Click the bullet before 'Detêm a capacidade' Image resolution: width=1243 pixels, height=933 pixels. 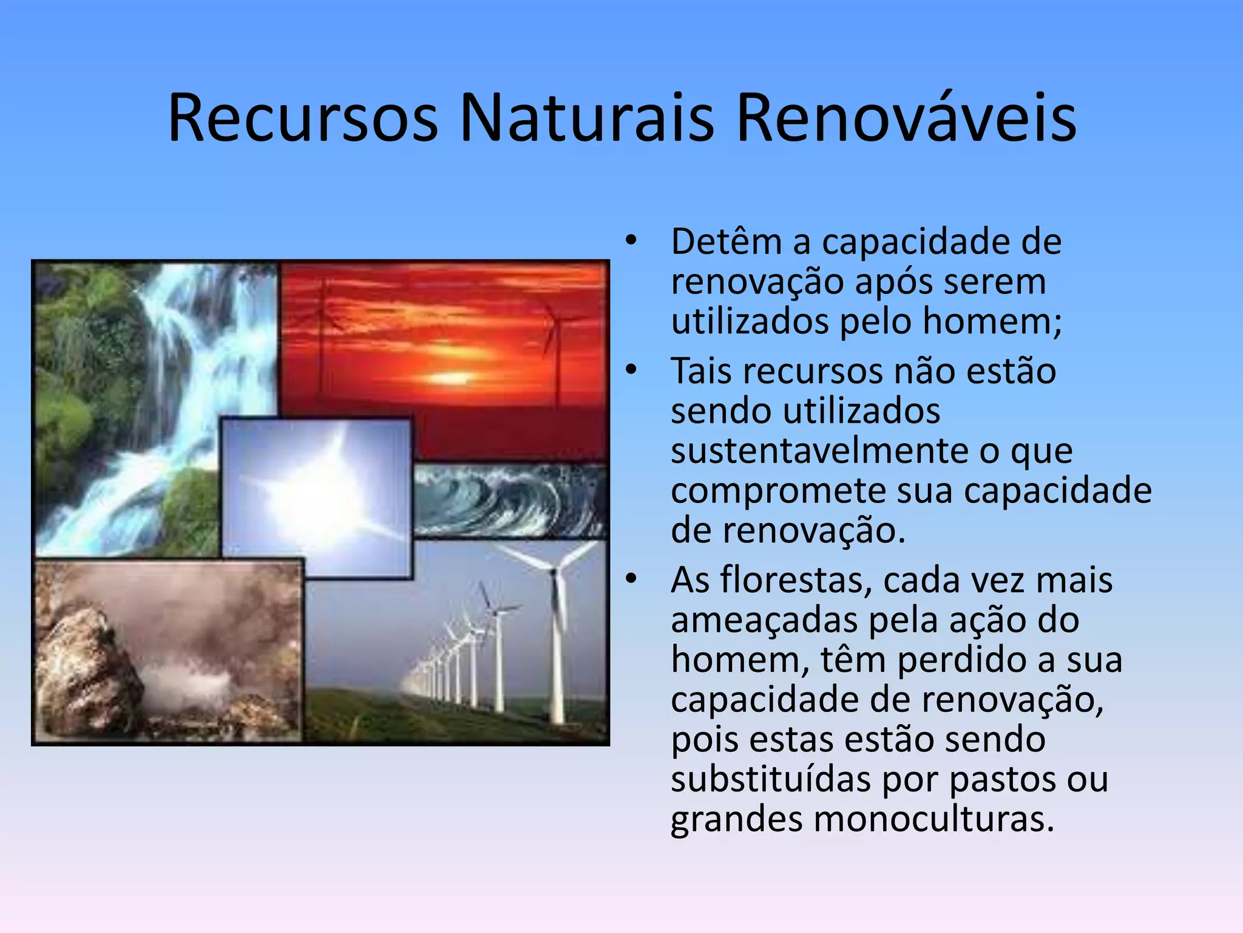[631, 241]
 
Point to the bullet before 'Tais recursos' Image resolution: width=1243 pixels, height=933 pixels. [631, 371]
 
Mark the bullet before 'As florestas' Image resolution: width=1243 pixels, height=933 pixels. [631, 579]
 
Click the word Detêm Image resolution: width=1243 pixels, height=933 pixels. [726, 241]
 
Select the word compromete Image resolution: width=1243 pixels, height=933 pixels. [778, 491]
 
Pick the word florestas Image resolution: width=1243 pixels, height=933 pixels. [796, 579]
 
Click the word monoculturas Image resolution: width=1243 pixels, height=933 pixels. [933, 819]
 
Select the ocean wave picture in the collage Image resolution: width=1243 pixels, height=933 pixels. [510, 501]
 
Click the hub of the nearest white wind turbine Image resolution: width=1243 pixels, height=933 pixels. [553, 572]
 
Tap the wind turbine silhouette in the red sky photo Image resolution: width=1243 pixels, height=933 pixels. [555, 340]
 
